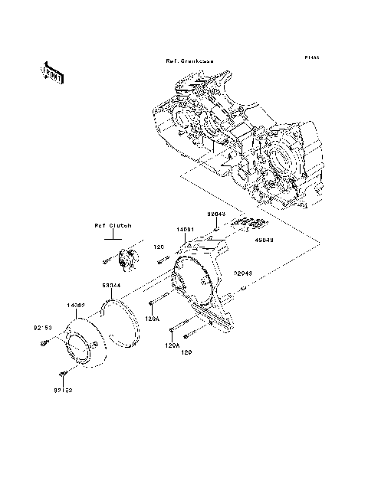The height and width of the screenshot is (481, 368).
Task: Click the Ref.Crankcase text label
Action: (189, 61)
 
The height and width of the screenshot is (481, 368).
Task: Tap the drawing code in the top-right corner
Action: (310, 57)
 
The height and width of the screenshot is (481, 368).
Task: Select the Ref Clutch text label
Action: (113, 226)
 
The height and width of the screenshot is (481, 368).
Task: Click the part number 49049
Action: (254, 238)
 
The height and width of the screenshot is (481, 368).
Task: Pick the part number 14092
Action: (74, 305)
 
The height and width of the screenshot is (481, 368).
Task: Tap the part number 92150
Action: (42, 328)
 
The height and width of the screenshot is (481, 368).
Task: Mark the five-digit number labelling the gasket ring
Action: (112, 284)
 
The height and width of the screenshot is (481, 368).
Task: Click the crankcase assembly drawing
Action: (230, 138)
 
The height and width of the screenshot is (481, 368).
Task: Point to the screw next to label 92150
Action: (45, 342)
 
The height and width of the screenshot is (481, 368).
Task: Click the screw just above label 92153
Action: (64, 373)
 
